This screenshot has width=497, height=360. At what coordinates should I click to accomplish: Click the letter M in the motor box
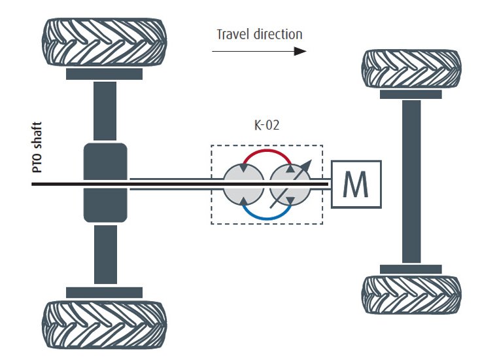pyautogui.click(x=356, y=185)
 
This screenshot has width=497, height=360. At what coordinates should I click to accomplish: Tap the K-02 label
pyautogui.click(x=267, y=125)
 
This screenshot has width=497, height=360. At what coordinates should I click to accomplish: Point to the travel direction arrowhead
pyautogui.click(x=300, y=51)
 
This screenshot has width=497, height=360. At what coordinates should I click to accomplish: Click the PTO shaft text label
pyautogui.click(x=37, y=147)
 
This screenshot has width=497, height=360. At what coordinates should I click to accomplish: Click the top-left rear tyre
pyautogui.click(x=104, y=42)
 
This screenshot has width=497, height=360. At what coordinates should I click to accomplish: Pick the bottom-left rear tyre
pyautogui.click(x=104, y=325)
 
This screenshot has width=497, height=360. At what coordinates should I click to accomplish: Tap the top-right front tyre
pyautogui.click(x=411, y=69)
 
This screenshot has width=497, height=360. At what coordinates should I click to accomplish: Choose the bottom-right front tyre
pyautogui.click(x=411, y=295)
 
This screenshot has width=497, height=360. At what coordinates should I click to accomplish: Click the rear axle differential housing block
pyautogui.click(x=105, y=183)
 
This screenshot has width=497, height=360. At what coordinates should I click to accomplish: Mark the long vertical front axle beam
pyautogui.click(x=411, y=181)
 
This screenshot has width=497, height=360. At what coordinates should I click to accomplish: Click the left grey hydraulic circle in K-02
pyautogui.click(x=243, y=185)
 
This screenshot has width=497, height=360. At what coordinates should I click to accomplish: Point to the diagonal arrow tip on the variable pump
pyautogui.click(x=311, y=160)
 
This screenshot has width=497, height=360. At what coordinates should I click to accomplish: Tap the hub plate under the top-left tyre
pyautogui.click(x=104, y=74)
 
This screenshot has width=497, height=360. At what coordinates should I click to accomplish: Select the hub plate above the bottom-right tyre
pyautogui.click(x=411, y=269)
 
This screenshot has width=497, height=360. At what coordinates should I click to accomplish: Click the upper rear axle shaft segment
pyautogui.click(x=105, y=111)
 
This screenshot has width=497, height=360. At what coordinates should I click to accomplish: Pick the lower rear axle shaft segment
pyautogui.click(x=105, y=255)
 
